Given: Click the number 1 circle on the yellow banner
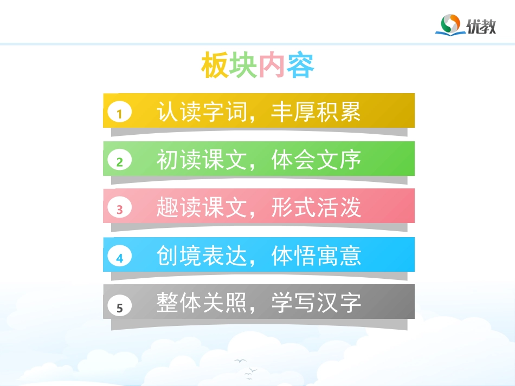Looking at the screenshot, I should [120, 113].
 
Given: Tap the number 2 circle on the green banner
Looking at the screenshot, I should [120, 161].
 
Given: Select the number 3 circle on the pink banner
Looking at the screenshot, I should [120, 208].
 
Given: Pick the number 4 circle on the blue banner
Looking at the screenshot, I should [120, 258].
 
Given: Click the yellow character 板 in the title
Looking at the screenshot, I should [215, 66].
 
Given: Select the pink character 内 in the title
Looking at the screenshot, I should [272, 66].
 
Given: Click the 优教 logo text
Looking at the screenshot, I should [481, 26].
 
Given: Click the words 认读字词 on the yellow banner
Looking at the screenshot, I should [201, 112].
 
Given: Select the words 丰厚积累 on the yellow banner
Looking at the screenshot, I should [316, 112].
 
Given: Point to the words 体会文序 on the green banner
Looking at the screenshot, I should [316, 160].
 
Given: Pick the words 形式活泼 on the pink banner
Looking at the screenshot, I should [316, 207].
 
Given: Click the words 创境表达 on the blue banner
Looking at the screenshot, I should [201, 256].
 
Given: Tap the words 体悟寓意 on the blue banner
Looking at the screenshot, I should [316, 256].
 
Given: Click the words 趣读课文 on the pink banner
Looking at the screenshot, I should [201, 207].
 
